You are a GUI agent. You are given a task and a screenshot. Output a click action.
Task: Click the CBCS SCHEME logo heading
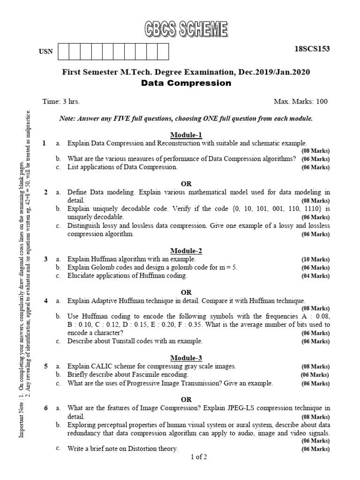[x=186, y=30]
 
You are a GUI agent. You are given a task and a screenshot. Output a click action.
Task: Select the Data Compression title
[x=186, y=83]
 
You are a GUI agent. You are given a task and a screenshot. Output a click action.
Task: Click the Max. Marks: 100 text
[x=301, y=101]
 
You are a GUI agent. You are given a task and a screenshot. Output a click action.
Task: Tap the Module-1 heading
[x=186, y=135]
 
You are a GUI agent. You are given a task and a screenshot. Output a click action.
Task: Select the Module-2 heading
[x=186, y=251]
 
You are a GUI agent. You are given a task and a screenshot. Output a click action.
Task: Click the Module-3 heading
[x=186, y=358]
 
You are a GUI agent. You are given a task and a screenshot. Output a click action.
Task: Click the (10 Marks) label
[x=315, y=259]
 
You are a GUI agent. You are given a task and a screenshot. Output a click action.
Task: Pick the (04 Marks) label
[x=315, y=276]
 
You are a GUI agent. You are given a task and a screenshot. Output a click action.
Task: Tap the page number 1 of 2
[x=199, y=457]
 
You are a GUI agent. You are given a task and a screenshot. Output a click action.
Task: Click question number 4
[x=46, y=300]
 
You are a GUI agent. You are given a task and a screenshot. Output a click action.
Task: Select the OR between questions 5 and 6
[x=186, y=399]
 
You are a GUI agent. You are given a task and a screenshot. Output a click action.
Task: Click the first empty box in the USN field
[x=62, y=52]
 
